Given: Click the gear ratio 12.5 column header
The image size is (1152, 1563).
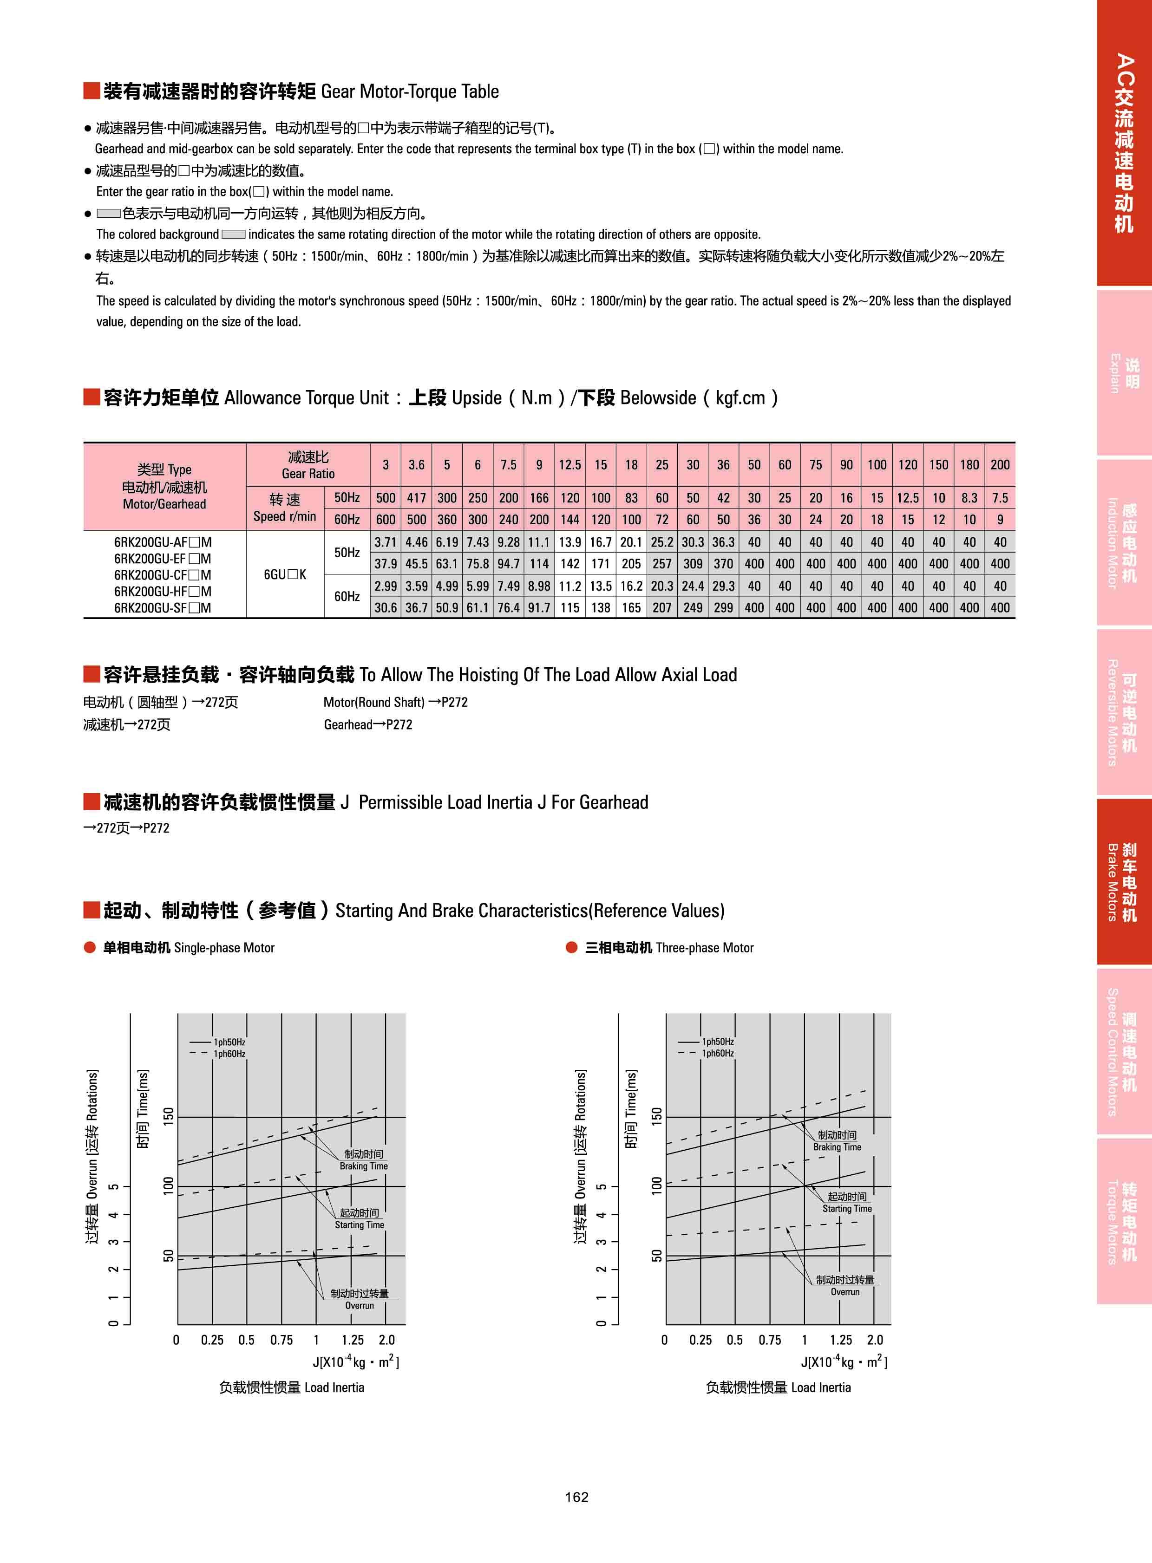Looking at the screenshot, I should [569, 465].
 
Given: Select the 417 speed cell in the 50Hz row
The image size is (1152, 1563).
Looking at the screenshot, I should [416, 498].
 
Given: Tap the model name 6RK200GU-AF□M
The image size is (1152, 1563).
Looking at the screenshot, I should [163, 542].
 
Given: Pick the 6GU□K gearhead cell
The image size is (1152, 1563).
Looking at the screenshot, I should [284, 574].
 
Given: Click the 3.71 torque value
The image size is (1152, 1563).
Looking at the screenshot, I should [385, 542].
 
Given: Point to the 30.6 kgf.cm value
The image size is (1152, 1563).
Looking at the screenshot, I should [385, 608].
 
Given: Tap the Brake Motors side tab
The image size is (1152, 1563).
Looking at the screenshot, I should [1123, 882].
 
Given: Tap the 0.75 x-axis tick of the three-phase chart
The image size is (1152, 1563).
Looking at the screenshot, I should [769, 1340].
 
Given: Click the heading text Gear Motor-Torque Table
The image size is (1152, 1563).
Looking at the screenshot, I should [409, 91].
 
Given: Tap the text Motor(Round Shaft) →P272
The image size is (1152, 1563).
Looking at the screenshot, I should [395, 702].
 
